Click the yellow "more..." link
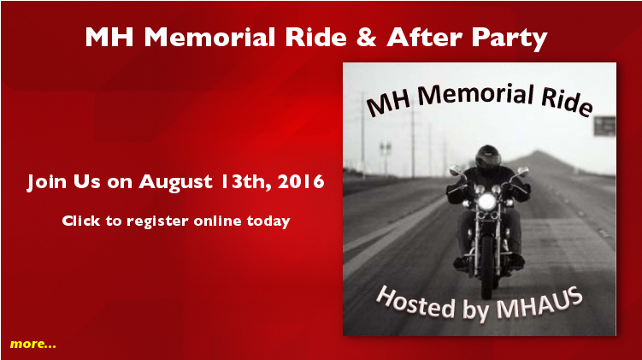(33, 344)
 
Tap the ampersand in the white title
(366, 37)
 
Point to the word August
(175, 182)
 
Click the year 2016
(301, 181)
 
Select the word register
(157, 221)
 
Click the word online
(217, 221)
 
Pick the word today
(268, 221)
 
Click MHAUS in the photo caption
(539, 304)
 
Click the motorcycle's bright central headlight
(487, 202)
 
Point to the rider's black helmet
(487, 156)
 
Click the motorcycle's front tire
(486, 265)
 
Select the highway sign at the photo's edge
(604, 127)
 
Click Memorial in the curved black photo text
(475, 95)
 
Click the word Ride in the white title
(316, 37)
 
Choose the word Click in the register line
(81, 221)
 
